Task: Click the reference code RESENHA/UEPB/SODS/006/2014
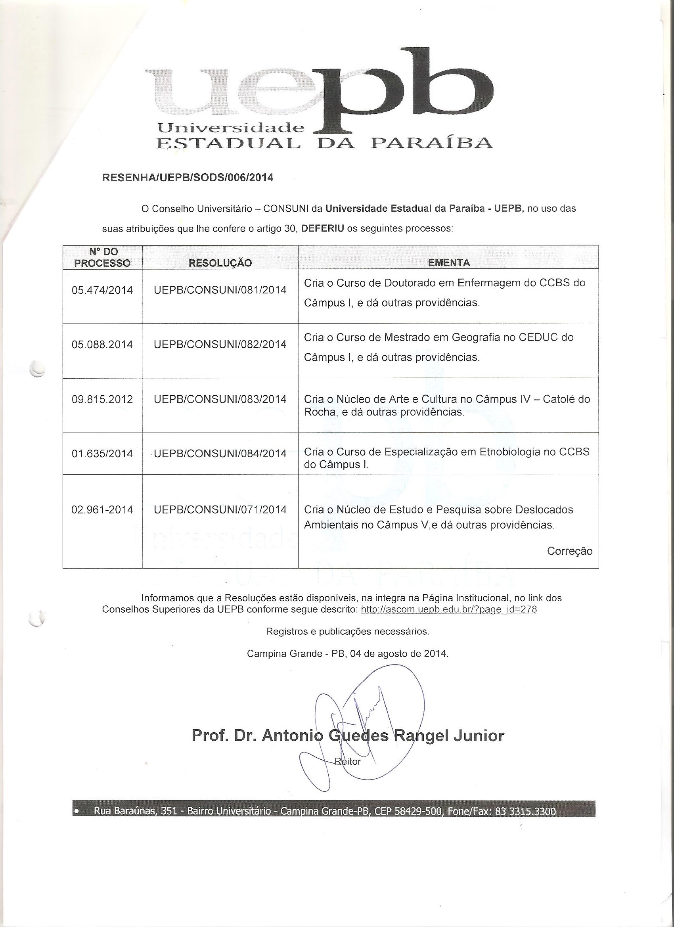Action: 187,178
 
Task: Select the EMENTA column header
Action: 448,263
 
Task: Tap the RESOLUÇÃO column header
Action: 220,263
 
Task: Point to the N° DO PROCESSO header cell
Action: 102,258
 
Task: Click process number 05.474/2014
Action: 102,290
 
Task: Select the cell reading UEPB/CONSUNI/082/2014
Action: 220,345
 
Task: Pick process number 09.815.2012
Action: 102,399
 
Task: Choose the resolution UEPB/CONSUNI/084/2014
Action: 220,454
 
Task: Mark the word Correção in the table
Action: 569,551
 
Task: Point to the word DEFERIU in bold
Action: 322,228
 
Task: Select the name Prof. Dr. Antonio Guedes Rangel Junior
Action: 348,736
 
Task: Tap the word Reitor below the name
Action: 348,761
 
